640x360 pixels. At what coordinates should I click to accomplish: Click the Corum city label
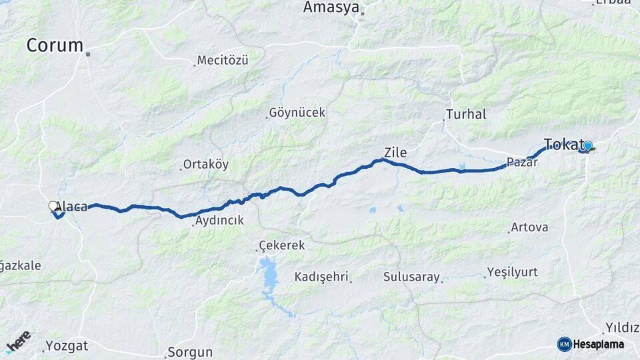(x=55, y=45)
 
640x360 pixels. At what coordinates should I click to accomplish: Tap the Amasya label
(x=331, y=7)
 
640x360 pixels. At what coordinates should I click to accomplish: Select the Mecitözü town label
(x=223, y=61)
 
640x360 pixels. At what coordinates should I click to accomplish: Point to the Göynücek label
(x=297, y=113)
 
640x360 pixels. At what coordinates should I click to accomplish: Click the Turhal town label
(x=467, y=114)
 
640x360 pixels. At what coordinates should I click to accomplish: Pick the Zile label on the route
(x=395, y=153)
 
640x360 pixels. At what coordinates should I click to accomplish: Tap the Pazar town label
(x=521, y=162)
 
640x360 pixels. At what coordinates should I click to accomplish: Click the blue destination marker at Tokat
(x=587, y=145)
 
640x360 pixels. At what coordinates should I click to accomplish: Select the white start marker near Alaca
(x=53, y=207)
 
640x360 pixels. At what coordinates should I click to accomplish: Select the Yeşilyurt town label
(x=512, y=272)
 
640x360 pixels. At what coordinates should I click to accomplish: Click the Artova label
(x=529, y=227)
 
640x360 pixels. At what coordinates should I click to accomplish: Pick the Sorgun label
(x=190, y=352)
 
